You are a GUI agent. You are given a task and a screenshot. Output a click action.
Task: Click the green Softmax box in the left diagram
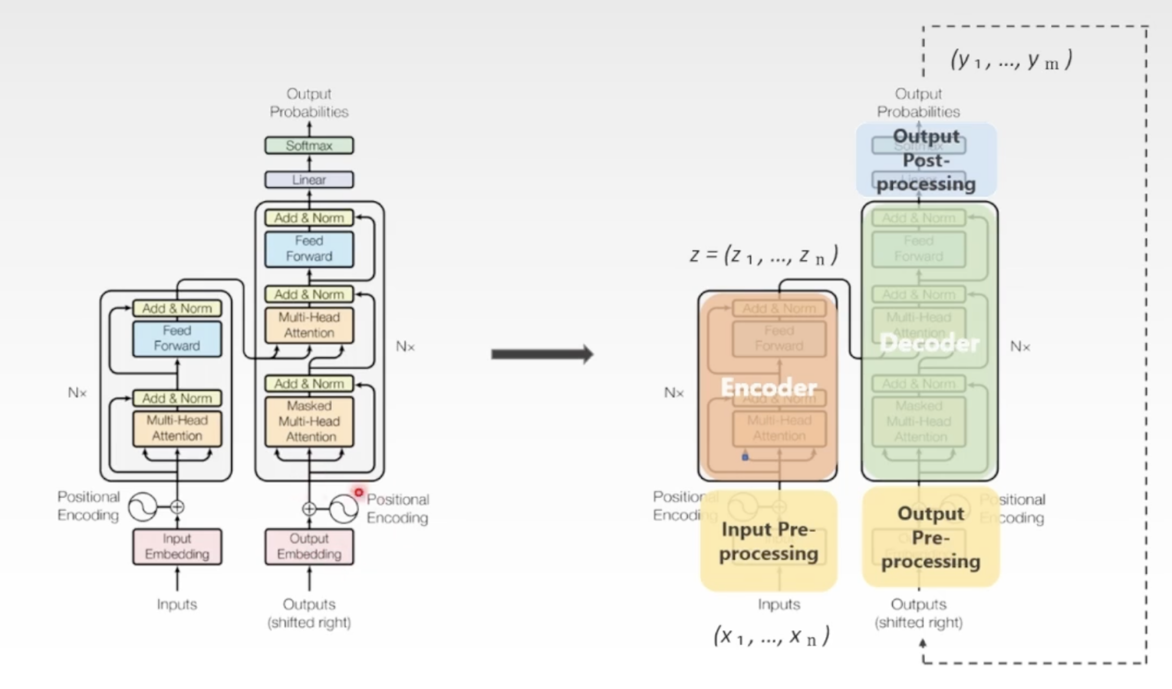tap(309, 145)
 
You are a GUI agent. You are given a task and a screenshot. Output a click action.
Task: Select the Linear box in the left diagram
tap(309, 179)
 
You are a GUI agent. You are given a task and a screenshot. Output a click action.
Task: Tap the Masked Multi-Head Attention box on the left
tap(309, 422)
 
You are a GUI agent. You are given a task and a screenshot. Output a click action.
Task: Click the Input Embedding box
tap(177, 546)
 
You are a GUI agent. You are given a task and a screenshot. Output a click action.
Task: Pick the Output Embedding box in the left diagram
tap(309, 546)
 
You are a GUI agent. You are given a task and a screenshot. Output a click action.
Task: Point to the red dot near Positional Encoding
tap(358, 492)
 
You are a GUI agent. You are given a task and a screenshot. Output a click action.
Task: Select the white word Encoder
tap(768, 387)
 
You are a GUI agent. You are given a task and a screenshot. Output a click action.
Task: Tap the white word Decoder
tap(929, 343)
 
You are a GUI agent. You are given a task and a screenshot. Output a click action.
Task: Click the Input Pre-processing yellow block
tap(768, 541)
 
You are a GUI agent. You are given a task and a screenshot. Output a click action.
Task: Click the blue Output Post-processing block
tap(926, 160)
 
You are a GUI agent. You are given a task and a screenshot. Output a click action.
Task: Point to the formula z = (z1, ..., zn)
tap(764, 256)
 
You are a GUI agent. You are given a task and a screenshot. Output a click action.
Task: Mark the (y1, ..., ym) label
tap(1011, 60)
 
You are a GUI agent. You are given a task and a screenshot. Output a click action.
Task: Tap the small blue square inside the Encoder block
tap(745, 457)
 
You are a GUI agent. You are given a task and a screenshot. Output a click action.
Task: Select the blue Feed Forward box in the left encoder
tap(177, 338)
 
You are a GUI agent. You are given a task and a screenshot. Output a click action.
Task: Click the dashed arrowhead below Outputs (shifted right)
tap(923, 644)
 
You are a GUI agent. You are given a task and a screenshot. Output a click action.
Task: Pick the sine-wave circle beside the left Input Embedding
tap(142, 507)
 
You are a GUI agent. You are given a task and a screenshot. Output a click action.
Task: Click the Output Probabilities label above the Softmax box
tap(309, 103)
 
